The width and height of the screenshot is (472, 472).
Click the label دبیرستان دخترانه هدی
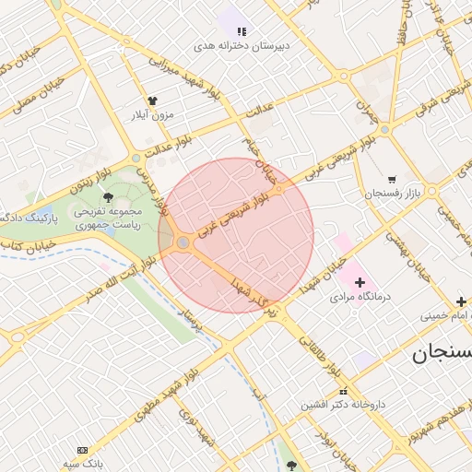click(230, 45)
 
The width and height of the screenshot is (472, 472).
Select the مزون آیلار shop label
click(149, 115)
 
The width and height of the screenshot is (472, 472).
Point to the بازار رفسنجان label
click(391, 194)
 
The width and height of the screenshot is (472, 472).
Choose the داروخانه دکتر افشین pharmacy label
click(341, 404)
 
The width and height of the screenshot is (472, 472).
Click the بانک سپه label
click(81, 463)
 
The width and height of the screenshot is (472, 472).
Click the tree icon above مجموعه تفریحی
click(109, 196)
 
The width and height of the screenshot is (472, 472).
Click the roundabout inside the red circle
click(183, 242)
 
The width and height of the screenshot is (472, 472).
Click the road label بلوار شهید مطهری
click(147, 403)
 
